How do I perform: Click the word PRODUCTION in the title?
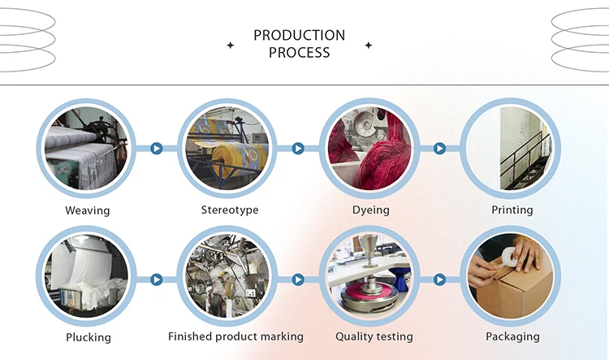click(299, 35)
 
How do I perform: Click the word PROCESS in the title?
click(299, 52)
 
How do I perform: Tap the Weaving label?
click(87, 210)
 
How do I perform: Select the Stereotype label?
click(230, 210)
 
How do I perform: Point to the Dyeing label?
click(371, 210)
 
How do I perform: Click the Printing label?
click(512, 210)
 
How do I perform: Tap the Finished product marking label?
click(235, 336)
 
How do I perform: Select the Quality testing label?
click(374, 336)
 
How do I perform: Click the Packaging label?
click(512, 336)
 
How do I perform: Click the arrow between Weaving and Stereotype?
click(157, 149)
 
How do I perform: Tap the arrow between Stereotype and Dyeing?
click(298, 149)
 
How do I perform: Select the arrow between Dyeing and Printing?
click(439, 149)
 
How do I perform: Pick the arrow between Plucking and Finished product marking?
click(157, 280)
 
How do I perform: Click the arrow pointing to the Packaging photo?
click(439, 280)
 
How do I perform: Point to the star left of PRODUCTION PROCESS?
click(230, 46)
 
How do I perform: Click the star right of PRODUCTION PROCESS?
click(369, 46)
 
